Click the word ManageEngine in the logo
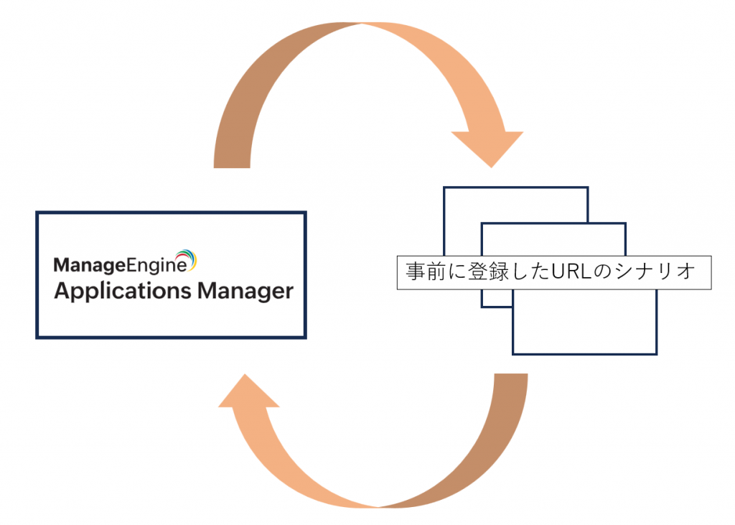click(x=120, y=266)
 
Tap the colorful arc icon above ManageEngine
click(x=187, y=259)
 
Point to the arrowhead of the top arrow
click(x=487, y=147)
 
